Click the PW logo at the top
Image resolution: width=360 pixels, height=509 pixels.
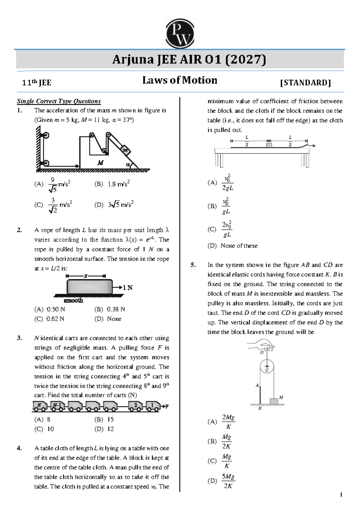(180, 34)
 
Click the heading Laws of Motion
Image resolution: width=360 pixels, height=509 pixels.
(180, 80)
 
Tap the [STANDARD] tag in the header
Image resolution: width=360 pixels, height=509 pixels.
(305, 83)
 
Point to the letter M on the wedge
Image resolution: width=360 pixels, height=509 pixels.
(100, 163)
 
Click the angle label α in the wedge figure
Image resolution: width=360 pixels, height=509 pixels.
(128, 164)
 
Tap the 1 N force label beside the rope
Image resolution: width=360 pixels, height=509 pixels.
(127, 288)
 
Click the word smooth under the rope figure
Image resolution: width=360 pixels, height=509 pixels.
(73, 300)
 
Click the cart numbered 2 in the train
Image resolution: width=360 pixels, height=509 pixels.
(135, 406)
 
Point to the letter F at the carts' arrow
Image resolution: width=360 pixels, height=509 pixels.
(167, 406)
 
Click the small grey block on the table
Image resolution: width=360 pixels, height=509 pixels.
(269, 145)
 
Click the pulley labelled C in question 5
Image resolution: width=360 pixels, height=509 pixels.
(267, 367)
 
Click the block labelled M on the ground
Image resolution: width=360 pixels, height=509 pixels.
(274, 401)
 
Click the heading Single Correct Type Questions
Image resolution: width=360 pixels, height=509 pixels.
(59, 101)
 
